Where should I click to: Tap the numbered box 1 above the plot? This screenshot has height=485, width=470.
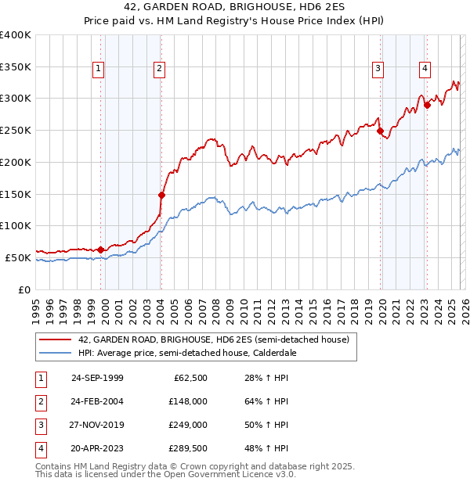(x=99, y=69)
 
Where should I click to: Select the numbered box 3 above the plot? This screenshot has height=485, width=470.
(x=378, y=69)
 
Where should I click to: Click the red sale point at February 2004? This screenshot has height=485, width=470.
(x=161, y=195)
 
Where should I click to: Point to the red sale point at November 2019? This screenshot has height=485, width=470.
(x=380, y=131)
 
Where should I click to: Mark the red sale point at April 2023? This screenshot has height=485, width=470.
(x=427, y=106)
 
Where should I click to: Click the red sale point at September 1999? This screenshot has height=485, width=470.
(x=101, y=250)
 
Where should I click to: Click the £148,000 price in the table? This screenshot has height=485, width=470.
(x=188, y=401)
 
